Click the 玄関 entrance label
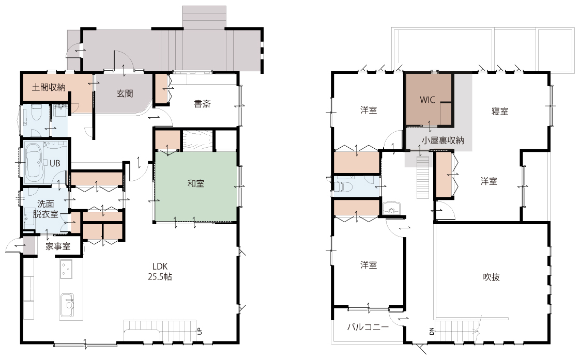pyautogui.click(x=125, y=93)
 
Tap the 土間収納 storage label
pyautogui.click(x=49, y=87)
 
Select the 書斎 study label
pyautogui.click(x=202, y=104)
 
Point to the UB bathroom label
pyautogui.click(x=55, y=163)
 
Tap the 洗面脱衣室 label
pyautogui.click(x=45, y=209)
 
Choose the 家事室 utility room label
pyautogui.click(x=58, y=246)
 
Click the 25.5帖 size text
pyautogui.click(x=160, y=277)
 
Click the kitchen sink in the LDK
pyautogui.click(x=68, y=305)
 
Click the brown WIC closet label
pyautogui.click(x=427, y=100)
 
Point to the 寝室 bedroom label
pyautogui.click(x=500, y=111)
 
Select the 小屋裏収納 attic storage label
pyautogui.click(x=443, y=140)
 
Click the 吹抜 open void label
pyautogui.click(x=492, y=277)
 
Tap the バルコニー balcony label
pyautogui.click(x=368, y=327)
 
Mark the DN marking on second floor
pyautogui.click(x=432, y=331)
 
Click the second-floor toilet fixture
pyautogui.click(x=342, y=186)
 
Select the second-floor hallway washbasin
pyautogui.click(x=392, y=208)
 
